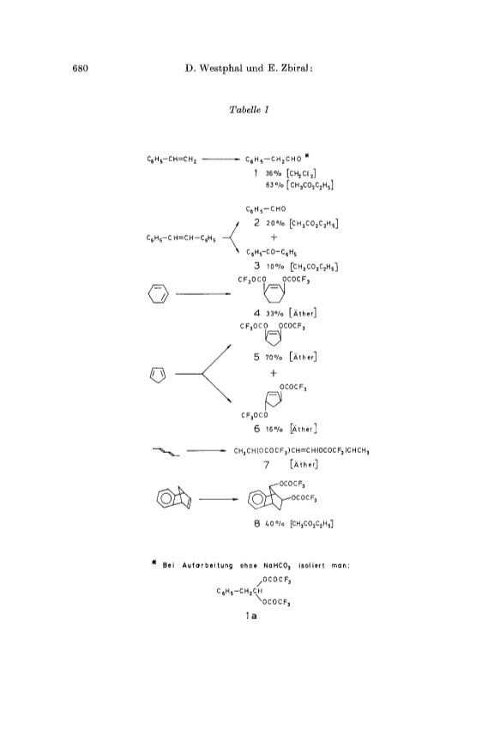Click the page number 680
(x=81, y=69)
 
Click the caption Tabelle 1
(x=249, y=110)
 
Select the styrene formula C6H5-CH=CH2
(x=172, y=160)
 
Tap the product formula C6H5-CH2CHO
(x=274, y=160)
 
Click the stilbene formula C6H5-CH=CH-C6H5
(x=181, y=238)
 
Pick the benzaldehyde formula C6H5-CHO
(x=266, y=209)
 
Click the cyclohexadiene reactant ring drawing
(x=158, y=294)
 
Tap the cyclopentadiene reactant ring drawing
(x=158, y=374)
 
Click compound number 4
(x=256, y=313)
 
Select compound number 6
(x=256, y=429)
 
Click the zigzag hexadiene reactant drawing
(x=166, y=452)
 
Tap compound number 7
(x=266, y=465)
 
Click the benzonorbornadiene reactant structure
(x=174, y=497)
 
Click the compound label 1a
(x=250, y=616)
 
